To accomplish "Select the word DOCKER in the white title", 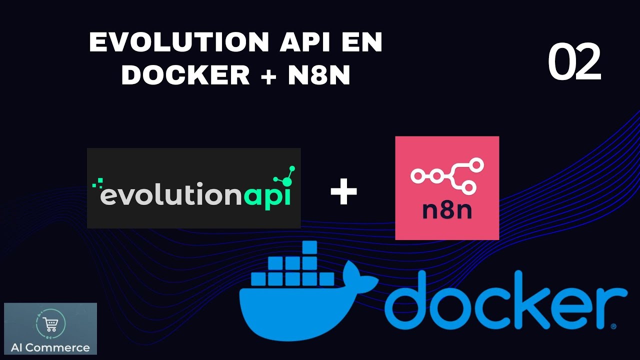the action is pyautogui.click(x=185, y=75).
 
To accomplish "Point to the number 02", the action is pyautogui.click(x=574, y=62).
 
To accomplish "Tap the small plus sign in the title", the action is pyautogui.click(x=268, y=75).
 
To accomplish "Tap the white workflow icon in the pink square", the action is pyautogui.click(x=446, y=175).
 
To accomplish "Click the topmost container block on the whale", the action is pyautogui.click(x=309, y=248).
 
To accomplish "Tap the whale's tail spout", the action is pyautogui.click(x=365, y=279).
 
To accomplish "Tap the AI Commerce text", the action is pyautogui.click(x=50, y=347).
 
